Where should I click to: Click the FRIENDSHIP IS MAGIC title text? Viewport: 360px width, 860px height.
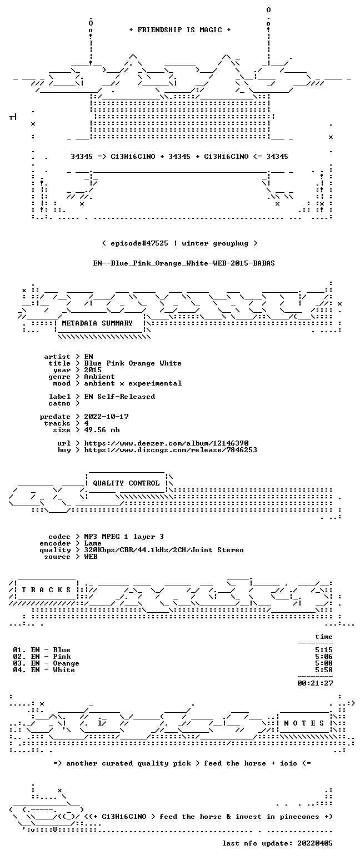pos(179,30)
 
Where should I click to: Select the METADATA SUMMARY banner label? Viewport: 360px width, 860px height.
pos(97,323)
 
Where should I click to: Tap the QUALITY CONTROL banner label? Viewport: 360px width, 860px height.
pos(126,483)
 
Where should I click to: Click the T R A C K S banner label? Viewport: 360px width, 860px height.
pos(46,590)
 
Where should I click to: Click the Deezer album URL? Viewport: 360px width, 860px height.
pos(166,443)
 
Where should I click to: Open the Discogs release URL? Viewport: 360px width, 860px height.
pos(171,450)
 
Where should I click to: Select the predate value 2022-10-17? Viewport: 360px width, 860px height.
pos(106,417)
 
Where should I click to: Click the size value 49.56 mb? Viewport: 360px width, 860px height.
pos(102,430)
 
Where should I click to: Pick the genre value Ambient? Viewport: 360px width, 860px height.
pos(99,377)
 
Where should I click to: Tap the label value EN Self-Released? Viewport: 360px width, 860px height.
pos(119,397)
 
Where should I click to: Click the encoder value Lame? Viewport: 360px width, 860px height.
pos(93,544)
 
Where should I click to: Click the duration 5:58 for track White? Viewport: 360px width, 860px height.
pos(324,670)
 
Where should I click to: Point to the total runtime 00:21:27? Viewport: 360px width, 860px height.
pos(315,683)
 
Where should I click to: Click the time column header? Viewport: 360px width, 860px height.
pos(324,637)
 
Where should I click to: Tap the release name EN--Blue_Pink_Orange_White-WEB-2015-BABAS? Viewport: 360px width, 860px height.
pos(184,263)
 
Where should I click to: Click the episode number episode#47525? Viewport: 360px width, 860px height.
pos(139,243)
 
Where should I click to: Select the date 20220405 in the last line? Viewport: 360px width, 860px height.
pos(315,843)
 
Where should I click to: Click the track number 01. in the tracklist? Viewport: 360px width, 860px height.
pos(19,650)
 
